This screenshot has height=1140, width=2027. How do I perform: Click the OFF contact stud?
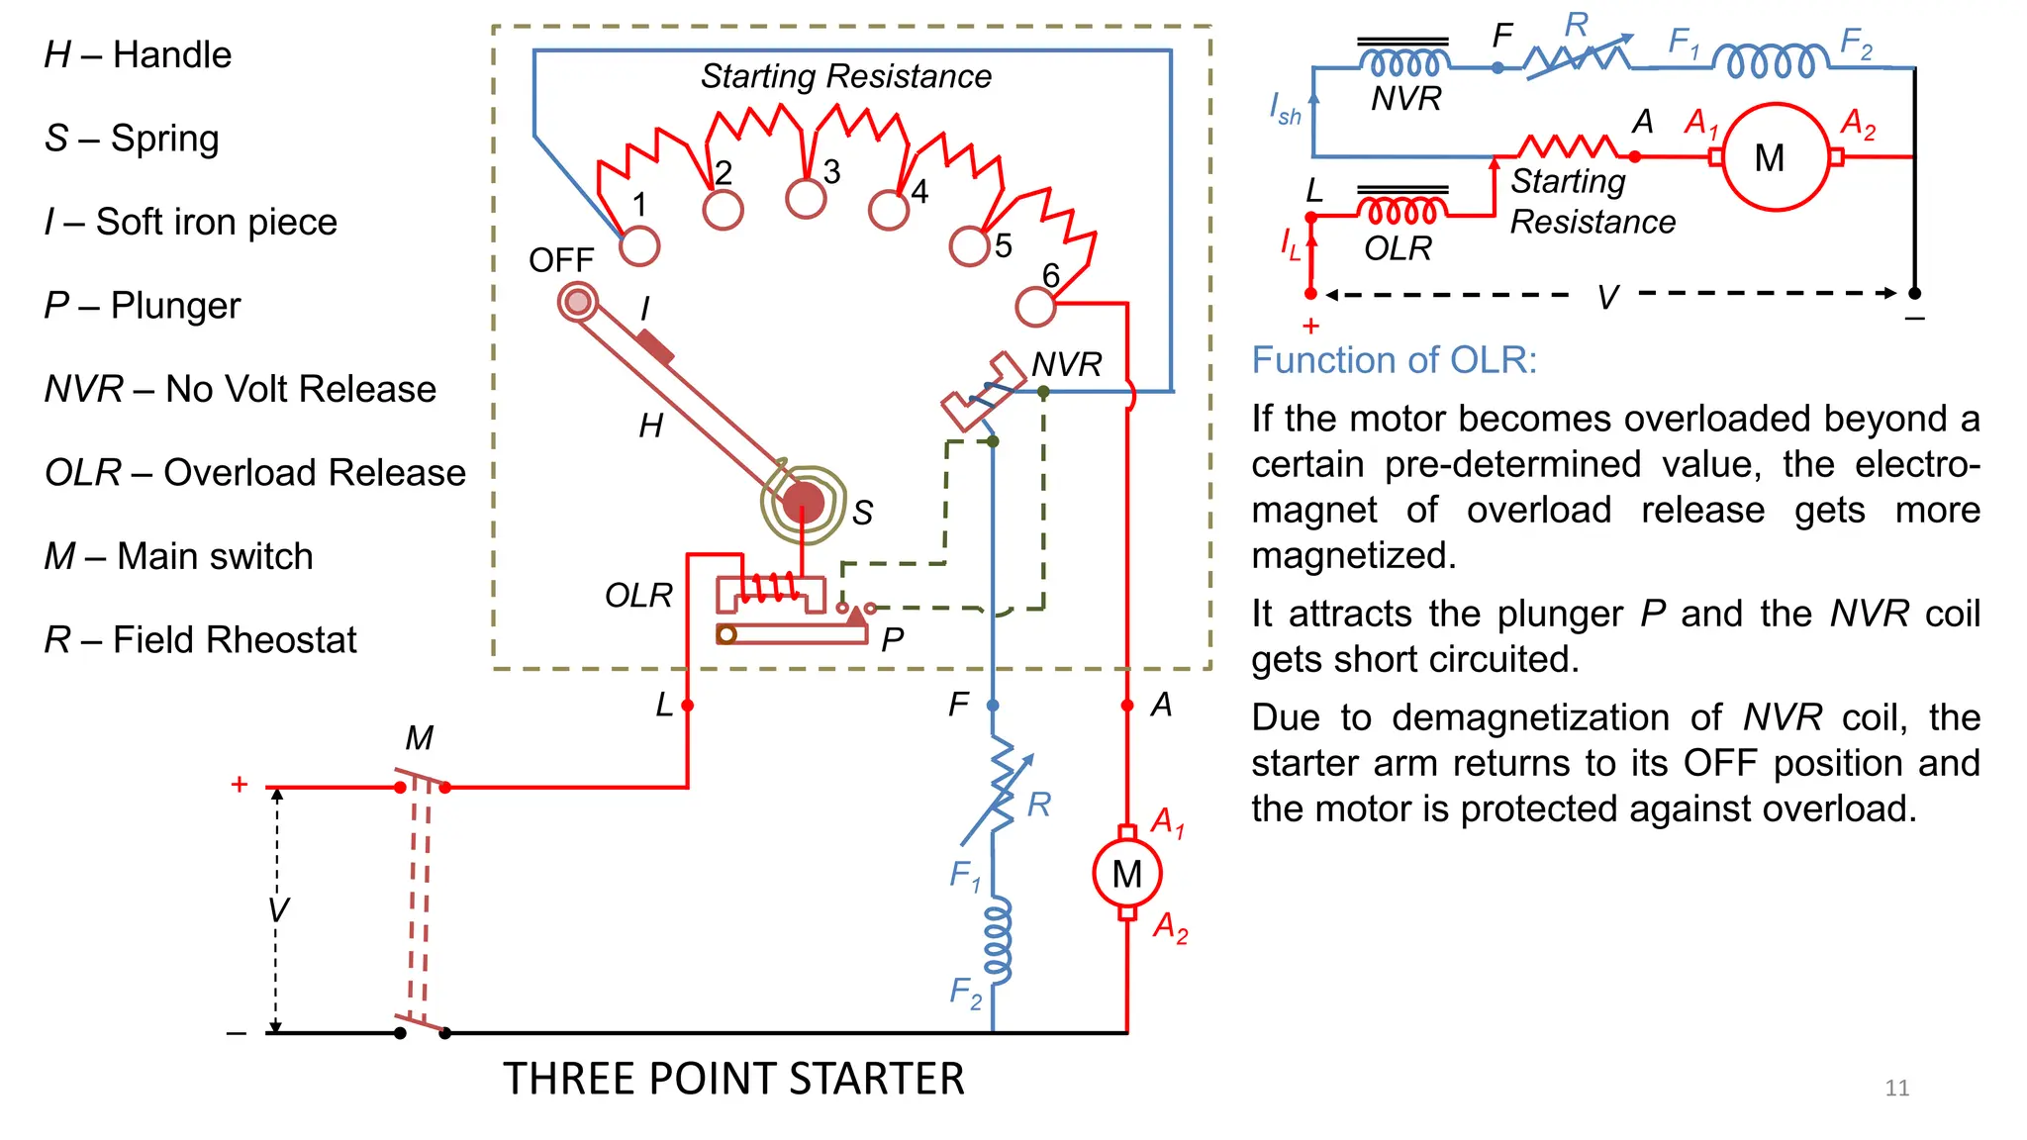pos(577,302)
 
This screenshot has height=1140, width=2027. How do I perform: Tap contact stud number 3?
pos(806,198)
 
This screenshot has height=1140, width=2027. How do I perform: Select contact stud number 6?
pos(1035,307)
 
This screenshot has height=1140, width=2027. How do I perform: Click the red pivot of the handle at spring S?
pos(803,503)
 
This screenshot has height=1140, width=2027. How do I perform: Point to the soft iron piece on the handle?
pos(655,347)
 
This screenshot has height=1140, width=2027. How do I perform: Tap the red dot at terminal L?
pos(688,706)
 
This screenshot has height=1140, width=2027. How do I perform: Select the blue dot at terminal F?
pos(993,706)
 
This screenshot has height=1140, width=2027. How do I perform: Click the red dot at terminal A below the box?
pos(1127,706)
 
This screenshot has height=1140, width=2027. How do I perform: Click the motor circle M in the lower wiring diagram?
pos(1127,874)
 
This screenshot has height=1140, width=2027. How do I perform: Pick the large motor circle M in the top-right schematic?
pos(1776,157)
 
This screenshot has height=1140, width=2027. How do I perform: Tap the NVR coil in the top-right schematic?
pos(1403,62)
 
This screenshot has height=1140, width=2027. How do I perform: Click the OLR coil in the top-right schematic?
pos(1401,212)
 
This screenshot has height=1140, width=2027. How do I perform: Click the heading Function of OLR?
pos(1394,360)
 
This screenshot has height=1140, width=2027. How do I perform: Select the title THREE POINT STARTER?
pos(733,1079)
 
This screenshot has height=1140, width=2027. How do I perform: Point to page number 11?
pos(1896,1089)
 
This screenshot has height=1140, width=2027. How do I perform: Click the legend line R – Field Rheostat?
pos(200,640)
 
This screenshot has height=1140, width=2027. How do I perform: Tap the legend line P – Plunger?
pos(143,306)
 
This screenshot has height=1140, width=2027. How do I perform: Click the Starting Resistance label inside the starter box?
pos(845,76)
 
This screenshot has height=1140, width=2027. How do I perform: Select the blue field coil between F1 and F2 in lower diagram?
pos(998,940)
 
